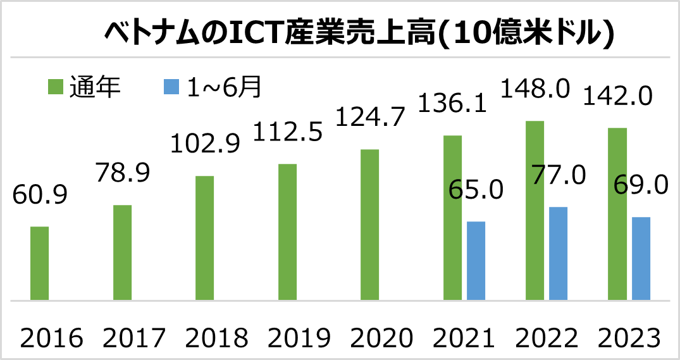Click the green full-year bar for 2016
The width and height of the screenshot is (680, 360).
pyautogui.click(x=40, y=263)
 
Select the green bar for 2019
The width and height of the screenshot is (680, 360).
pyautogui.click(x=287, y=232)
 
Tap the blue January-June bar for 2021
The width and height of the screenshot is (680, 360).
pyautogui.click(x=476, y=260)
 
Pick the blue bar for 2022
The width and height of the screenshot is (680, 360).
pyautogui.click(x=558, y=253)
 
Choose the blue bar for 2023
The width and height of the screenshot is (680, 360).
pyautogui.click(x=641, y=258)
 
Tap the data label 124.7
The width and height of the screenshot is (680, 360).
pyautogui.click(x=370, y=118)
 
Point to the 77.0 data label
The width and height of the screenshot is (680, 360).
pyautogui.click(x=559, y=175)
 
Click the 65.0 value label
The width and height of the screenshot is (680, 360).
pyautogui.click(x=476, y=189)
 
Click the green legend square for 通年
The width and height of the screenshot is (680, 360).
pyautogui.click(x=55, y=87)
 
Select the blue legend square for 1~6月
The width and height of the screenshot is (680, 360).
pyautogui.click(x=171, y=87)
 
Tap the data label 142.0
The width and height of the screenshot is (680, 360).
pyautogui.click(x=617, y=96)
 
